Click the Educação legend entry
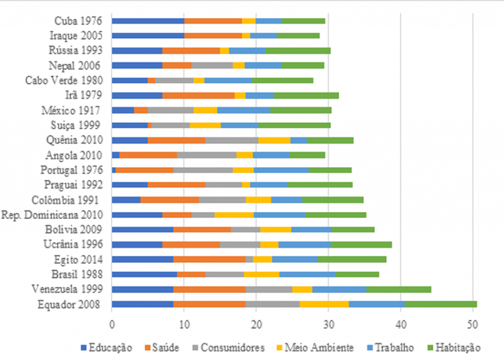[x=106, y=348]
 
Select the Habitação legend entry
[x=454, y=348]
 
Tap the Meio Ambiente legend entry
[x=315, y=348]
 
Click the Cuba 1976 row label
[x=78, y=21]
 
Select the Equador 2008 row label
[x=69, y=304]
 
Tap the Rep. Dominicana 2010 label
[x=52, y=215]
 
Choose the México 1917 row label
[x=71, y=110]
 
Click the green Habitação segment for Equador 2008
[x=441, y=304]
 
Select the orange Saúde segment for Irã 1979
[x=198, y=96]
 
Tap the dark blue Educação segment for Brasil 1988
[x=144, y=274]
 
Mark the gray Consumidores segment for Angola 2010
[x=207, y=155]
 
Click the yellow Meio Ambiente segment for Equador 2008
[x=324, y=304]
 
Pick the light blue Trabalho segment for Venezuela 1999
[x=339, y=290]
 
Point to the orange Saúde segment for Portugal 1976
[x=145, y=170]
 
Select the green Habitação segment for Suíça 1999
[x=294, y=126]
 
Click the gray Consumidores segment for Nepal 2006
[x=212, y=65]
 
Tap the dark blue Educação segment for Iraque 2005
[x=148, y=36]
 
